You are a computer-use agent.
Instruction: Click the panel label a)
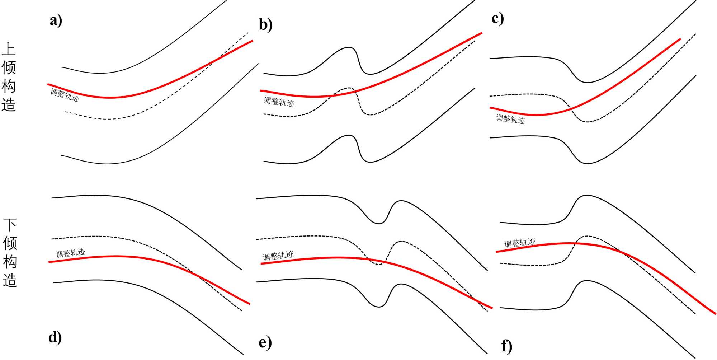pyautogui.click(x=56, y=20)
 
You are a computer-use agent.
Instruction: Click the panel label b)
pyautogui.click(x=265, y=25)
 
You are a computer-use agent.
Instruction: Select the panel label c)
pyautogui.click(x=497, y=19)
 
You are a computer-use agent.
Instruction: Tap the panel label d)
pyautogui.click(x=55, y=337)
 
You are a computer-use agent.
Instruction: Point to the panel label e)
pyautogui.click(x=265, y=342)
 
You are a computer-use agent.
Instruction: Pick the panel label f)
pyautogui.click(x=506, y=346)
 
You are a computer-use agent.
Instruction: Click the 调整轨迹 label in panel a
pyautogui.click(x=65, y=95)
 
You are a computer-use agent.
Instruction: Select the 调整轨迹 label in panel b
pyautogui.click(x=279, y=102)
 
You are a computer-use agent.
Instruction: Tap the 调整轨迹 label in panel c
pyautogui.click(x=510, y=119)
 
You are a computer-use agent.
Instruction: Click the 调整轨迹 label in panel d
pyautogui.click(x=71, y=253)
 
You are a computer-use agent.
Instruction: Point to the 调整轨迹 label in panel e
pyautogui.click(x=278, y=256)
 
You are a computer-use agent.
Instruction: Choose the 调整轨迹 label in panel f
pyautogui.click(x=520, y=243)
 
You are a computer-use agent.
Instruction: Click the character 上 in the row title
pyautogui.click(x=9, y=50)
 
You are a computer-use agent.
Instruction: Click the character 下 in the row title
pyautogui.click(x=10, y=225)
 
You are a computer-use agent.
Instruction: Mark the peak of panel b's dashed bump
pyautogui.click(x=347, y=88)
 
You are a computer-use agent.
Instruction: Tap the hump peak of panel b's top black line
pyautogui.click(x=348, y=47)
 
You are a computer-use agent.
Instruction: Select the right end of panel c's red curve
pyautogui.click(x=680, y=39)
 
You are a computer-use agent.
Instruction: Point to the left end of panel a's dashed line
pyautogui.click(x=66, y=112)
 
